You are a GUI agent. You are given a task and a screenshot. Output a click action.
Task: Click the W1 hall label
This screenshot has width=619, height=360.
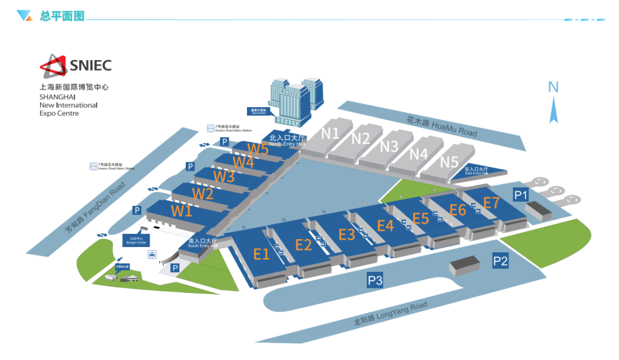click(182, 210)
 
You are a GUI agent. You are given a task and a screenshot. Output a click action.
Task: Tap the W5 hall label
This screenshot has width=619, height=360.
click(258, 149)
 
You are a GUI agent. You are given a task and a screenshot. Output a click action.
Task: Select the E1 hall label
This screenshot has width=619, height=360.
click(261, 255)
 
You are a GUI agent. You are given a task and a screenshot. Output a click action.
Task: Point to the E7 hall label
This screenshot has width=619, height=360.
click(492, 202)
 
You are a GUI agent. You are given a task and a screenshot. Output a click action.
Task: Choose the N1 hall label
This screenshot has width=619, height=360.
click(330, 133)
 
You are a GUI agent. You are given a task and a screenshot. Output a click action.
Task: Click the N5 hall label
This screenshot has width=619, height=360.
click(449, 162)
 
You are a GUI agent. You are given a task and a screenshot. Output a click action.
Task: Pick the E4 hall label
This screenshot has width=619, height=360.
click(385, 225)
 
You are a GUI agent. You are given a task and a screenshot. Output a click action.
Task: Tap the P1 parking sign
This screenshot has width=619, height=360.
click(520, 195)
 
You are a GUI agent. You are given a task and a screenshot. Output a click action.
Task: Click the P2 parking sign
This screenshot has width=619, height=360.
click(500, 261)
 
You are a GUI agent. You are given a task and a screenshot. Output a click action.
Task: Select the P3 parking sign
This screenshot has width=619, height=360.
click(375, 280)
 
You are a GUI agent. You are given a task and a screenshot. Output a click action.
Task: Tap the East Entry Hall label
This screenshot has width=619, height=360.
click(476, 171)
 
